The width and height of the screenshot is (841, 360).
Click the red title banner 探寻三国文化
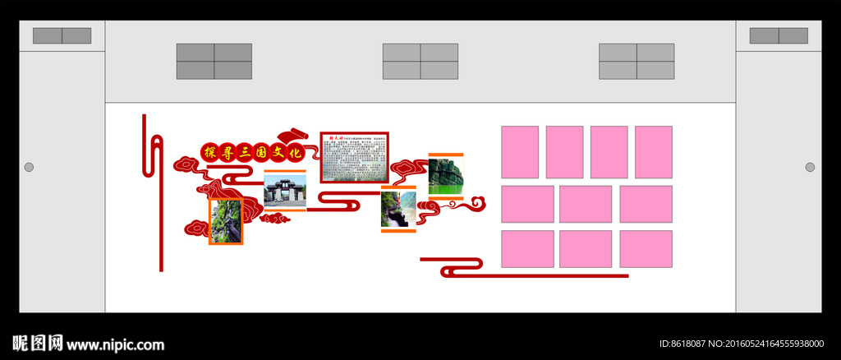[253, 152]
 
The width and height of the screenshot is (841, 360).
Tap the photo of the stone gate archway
[285, 191]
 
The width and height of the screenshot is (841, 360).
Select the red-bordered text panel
[355, 157]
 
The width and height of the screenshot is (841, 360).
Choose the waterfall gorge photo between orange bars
[398, 209]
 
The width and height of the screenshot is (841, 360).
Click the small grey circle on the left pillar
[29, 168]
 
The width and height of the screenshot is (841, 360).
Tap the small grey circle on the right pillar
[810, 168]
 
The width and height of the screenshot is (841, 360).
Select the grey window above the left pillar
[62, 36]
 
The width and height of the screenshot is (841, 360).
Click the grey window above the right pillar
[779, 36]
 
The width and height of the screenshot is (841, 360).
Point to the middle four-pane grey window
[420, 62]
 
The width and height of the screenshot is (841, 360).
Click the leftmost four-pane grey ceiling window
[214, 62]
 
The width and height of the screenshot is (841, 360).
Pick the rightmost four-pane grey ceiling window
[636, 62]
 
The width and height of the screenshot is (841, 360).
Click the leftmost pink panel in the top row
[520, 152]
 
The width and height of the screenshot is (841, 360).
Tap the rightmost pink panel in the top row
[653, 152]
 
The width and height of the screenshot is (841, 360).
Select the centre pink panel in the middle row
[586, 204]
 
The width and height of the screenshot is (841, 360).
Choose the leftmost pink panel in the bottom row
[527, 249]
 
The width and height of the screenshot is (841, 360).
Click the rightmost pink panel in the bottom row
[646, 249]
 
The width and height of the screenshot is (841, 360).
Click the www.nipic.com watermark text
[115, 344]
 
